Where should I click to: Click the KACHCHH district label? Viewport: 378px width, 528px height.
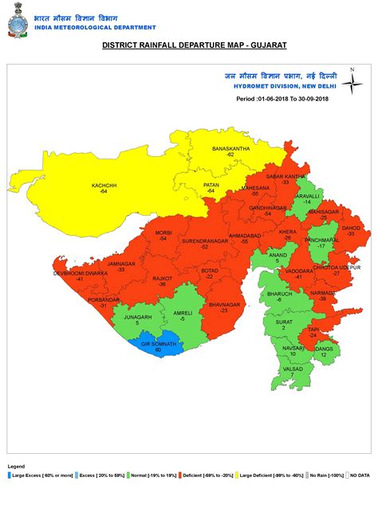point(104,185)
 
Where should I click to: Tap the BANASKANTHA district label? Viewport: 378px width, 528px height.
point(230,149)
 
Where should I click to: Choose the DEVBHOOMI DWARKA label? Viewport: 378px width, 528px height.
point(80,273)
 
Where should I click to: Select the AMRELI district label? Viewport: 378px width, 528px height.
point(183,313)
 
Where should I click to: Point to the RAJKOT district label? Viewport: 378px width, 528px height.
point(162,279)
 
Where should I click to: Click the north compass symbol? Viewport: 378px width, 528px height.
point(352,82)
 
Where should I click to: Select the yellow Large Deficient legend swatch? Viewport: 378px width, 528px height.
point(236,475)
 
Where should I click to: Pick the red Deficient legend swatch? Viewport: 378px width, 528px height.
point(179,475)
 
